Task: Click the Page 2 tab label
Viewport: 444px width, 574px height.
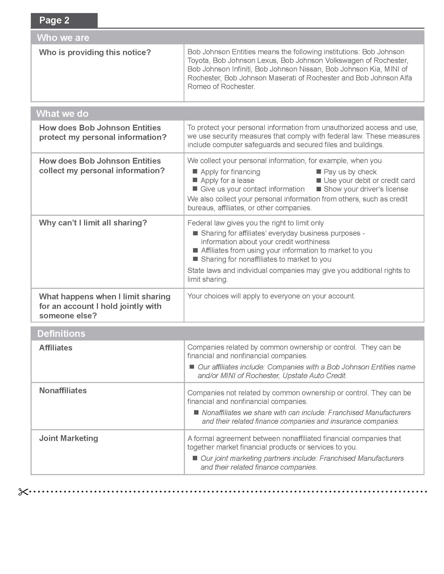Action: [54, 21]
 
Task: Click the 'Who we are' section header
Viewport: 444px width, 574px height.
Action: [63, 38]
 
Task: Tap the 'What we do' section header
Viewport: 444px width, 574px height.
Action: [62, 113]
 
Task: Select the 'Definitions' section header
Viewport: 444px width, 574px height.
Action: [61, 333]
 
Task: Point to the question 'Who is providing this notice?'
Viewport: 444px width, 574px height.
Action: [95, 52]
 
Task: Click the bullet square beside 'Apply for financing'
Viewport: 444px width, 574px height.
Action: [195, 171]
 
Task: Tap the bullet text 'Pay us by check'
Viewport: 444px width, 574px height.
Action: [350, 172]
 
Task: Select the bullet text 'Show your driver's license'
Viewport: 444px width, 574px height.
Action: [366, 189]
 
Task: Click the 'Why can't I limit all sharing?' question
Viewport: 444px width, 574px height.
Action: [93, 223]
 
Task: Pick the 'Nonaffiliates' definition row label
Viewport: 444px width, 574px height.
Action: [63, 391]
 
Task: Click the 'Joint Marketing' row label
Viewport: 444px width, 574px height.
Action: [69, 438]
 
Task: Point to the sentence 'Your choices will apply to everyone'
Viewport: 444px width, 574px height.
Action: [271, 296]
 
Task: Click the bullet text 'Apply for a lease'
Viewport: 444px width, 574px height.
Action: [227, 181]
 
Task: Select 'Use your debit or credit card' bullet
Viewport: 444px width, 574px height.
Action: [369, 181]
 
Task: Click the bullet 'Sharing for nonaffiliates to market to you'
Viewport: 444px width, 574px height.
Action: [266, 259]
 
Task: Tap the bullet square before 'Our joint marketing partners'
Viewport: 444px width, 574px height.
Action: [195, 458]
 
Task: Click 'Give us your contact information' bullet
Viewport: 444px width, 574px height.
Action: [252, 189]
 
